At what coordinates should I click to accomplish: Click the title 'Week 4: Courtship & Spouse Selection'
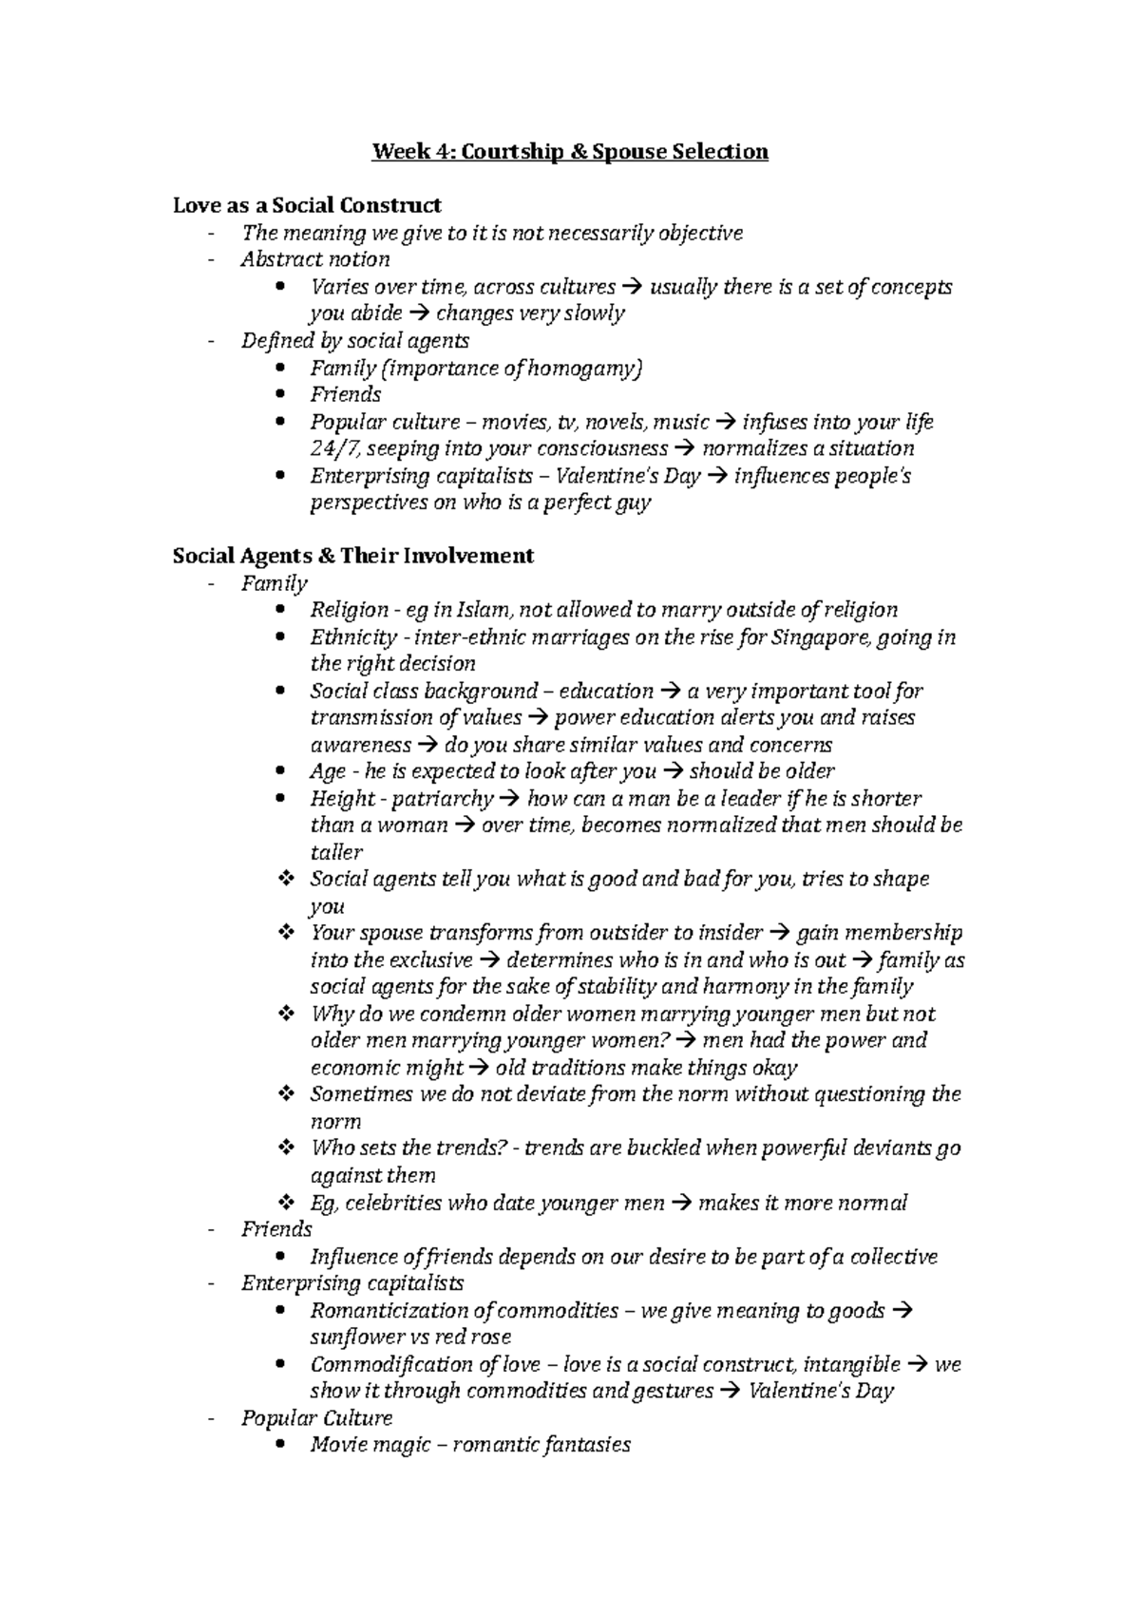pyautogui.click(x=569, y=152)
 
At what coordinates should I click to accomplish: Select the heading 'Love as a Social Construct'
pyautogui.click(x=307, y=205)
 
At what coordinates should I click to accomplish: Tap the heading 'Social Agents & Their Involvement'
pyautogui.click(x=353, y=556)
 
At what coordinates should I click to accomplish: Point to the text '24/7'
pyautogui.click(x=330, y=449)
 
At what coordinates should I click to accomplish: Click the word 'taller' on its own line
pyautogui.click(x=336, y=853)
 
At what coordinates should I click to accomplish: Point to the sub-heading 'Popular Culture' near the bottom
pyautogui.click(x=316, y=1418)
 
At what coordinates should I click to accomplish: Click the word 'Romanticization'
pyautogui.click(x=389, y=1311)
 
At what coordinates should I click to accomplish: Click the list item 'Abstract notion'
pyautogui.click(x=315, y=259)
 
